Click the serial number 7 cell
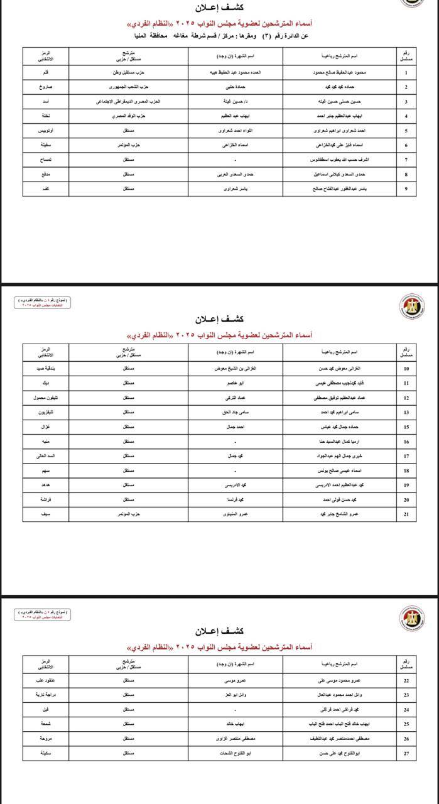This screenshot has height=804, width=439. pyautogui.click(x=406, y=160)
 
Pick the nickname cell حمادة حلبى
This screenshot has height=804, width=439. pyautogui.click(x=236, y=87)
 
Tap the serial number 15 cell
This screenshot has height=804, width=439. pyautogui.click(x=406, y=426)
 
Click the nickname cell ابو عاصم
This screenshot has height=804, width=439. pyautogui.click(x=236, y=383)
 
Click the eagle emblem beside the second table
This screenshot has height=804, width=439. pyautogui.click(x=412, y=307)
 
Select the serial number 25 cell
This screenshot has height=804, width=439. pyautogui.click(x=406, y=723)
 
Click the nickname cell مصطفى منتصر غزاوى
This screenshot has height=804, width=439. pyautogui.click(x=236, y=738)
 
